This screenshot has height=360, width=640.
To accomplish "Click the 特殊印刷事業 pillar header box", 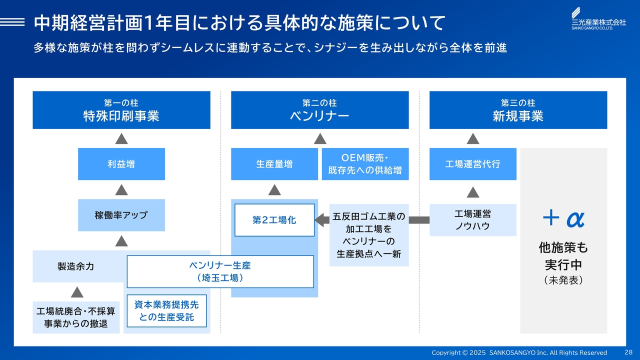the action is point(121,110).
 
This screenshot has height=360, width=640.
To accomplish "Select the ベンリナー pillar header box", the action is point(319,110).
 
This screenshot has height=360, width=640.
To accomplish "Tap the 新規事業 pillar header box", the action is point(518,110).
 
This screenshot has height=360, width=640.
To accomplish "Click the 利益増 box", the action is point(121,164).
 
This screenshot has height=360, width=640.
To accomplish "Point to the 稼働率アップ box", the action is point(121,215).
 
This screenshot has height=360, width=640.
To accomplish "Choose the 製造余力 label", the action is point(75,266).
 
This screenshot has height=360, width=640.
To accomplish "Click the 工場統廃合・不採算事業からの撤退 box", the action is point(76,317).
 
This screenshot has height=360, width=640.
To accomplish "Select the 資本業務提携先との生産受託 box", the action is point(167,311).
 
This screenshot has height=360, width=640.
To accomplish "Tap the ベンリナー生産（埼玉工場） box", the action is point(220,271).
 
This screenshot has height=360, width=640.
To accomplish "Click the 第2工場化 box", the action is point(274,220).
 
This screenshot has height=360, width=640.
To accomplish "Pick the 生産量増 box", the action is point(274,164).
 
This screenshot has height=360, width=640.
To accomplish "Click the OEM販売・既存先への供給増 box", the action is point(365,164).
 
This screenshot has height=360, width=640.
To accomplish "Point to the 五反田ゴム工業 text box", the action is point(369,235).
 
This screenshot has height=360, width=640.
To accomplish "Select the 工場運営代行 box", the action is point(473,164).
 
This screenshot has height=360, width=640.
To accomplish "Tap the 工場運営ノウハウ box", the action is point(473,220).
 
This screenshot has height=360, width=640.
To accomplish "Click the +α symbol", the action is point(563,218).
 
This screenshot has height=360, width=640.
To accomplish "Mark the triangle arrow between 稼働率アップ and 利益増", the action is point(121,189).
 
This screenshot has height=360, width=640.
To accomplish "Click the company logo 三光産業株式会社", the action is point(598,18).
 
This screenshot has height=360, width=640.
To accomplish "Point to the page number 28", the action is point(628,352).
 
